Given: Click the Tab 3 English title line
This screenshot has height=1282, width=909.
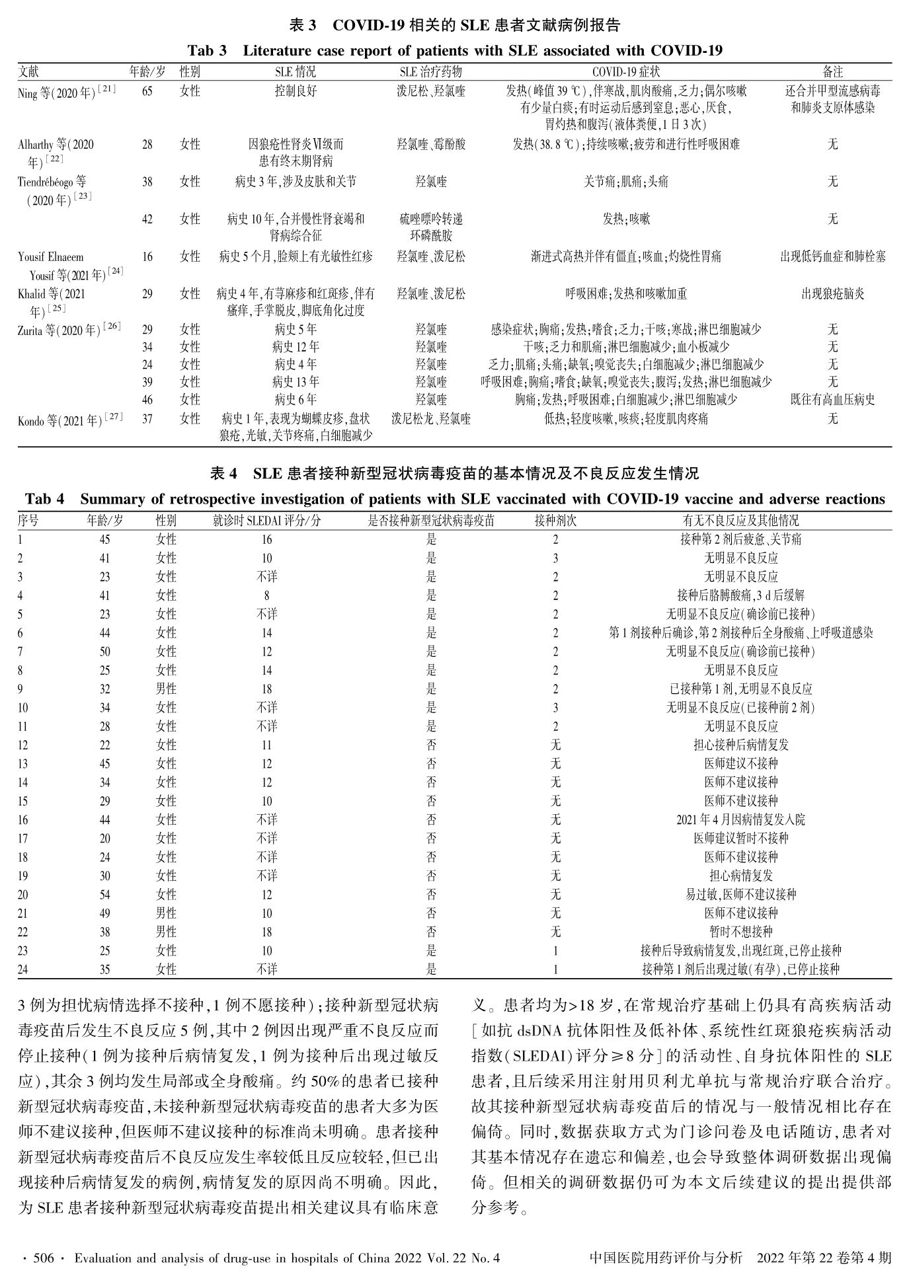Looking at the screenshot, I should tap(455, 51).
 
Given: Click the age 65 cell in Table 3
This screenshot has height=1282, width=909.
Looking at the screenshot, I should tap(147, 91).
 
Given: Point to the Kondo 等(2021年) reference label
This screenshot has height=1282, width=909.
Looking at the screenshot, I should tap(70, 419).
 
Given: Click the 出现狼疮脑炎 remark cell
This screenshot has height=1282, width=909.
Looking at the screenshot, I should tap(832, 293).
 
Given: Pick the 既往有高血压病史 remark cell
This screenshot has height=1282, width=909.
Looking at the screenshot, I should tap(832, 399).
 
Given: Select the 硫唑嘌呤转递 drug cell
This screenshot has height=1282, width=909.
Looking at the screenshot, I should tap(430, 219).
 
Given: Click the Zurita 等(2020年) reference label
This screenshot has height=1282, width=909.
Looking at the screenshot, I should tap(69, 329).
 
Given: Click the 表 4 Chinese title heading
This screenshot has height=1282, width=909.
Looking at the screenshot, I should tap(455, 473).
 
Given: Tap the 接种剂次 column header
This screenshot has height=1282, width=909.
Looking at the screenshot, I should tap(555, 520).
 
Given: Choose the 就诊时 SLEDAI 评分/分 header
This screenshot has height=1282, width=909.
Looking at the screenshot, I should tap(266, 520).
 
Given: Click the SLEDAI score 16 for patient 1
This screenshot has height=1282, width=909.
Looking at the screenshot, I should tap(266, 539).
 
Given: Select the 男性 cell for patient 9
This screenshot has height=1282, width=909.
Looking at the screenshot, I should tap(166, 689).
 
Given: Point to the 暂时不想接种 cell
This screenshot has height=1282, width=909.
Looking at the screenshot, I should tap(740, 932).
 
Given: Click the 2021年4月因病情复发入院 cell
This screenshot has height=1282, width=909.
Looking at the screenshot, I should tap(740, 819).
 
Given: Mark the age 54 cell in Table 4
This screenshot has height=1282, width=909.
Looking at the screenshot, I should tap(104, 894).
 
